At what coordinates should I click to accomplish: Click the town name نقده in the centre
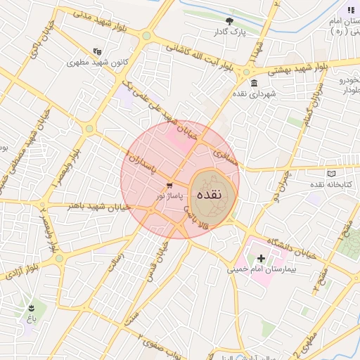point(209,194)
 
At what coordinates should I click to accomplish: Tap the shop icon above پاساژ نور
point(169,185)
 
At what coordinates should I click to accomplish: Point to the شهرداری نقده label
point(253,94)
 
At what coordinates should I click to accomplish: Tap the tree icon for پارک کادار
point(229,20)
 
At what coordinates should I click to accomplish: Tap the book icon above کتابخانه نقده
point(332,173)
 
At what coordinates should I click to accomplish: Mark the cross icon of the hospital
point(262,259)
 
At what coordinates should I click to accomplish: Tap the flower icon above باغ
point(31,308)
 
